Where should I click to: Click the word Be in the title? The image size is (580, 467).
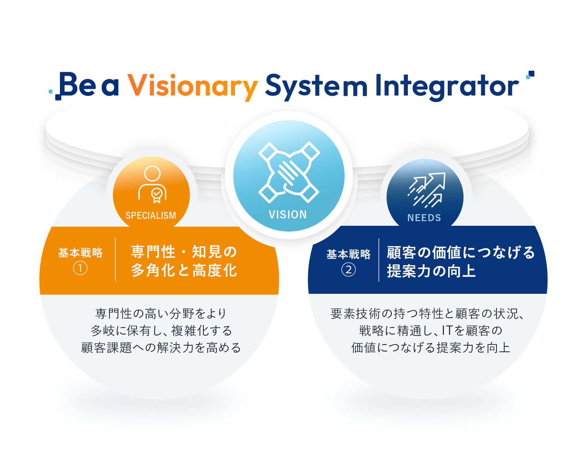point(77,84)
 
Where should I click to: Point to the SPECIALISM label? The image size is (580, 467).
point(151,215)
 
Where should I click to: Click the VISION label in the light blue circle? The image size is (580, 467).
point(288,215)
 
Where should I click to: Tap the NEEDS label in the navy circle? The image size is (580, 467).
point(424,218)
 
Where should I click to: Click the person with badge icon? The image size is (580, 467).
point(152,184)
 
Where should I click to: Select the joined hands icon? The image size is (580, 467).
point(289,172)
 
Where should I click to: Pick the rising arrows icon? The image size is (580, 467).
point(426,190)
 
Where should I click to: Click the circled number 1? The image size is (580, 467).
point(80,268)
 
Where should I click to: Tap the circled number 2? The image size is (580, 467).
point(348,269)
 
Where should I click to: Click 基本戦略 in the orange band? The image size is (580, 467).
point(80,253)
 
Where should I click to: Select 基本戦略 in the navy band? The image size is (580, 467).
point(348,254)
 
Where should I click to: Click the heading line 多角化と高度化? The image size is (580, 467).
point(184,270)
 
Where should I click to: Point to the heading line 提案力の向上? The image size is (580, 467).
point(431,271)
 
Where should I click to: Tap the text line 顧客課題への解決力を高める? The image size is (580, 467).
point(161,348)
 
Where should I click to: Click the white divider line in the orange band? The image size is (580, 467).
point(115,259)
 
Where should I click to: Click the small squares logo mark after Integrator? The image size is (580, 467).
point(530,75)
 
